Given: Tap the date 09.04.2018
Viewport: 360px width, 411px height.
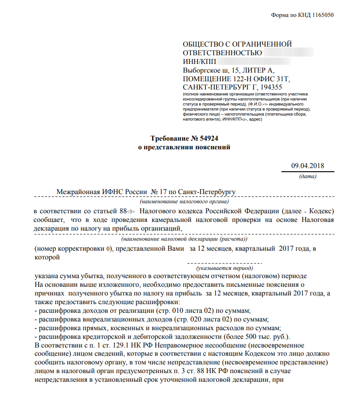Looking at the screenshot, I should click(x=307, y=166).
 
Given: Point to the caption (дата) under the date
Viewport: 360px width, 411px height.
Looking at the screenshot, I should click(x=307, y=176).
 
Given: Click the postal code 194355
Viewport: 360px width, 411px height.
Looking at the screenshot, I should click(x=270, y=87).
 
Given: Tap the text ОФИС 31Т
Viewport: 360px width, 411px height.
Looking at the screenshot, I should click(x=274, y=79).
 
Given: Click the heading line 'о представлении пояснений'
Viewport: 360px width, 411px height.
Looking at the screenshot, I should click(x=184, y=147).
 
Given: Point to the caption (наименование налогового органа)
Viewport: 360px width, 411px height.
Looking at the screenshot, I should click(x=185, y=201).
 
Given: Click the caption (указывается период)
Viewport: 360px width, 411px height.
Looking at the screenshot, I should click(x=225, y=269).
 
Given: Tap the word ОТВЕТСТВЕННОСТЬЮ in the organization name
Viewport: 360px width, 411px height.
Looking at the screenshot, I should click(x=222, y=53).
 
